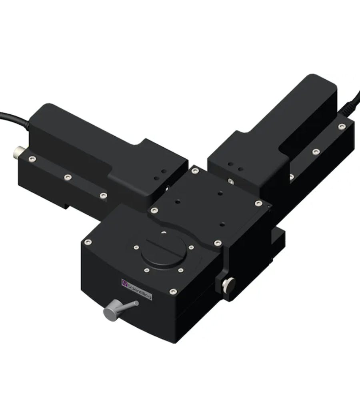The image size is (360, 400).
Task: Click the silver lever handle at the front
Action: [x=116, y=310]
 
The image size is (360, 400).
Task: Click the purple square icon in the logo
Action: [x=124, y=282]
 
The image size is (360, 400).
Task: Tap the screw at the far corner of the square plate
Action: [x=195, y=171]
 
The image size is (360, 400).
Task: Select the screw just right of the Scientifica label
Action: [x=172, y=291]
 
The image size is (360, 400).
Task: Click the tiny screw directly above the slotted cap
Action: [x=163, y=231]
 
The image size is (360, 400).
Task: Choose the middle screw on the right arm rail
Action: [x=316, y=152]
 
